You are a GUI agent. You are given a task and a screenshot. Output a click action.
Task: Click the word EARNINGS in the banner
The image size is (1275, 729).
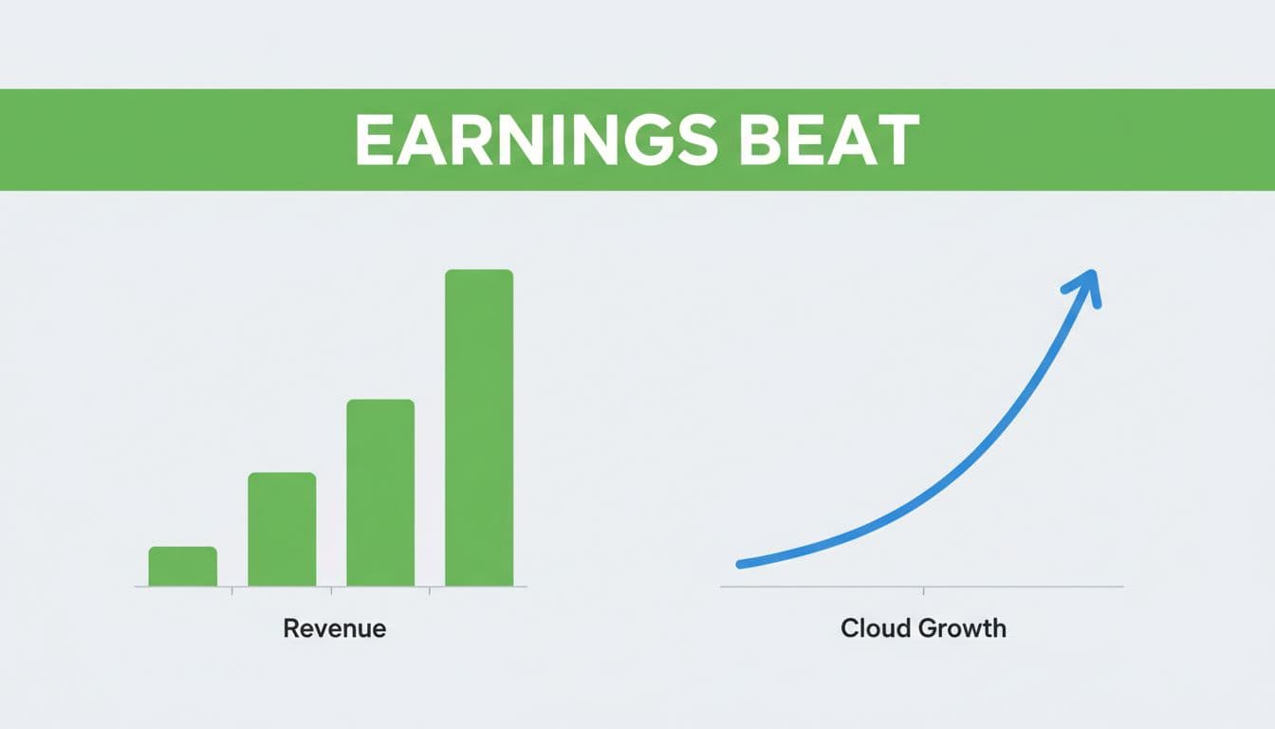(536, 140)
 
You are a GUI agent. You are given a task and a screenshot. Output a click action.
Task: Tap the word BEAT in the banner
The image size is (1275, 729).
(829, 140)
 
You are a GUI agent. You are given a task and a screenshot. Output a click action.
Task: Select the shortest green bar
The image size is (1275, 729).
(183, 566)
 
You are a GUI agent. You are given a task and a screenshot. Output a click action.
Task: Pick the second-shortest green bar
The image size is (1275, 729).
(282, 529)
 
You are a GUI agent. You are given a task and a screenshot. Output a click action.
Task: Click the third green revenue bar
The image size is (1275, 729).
(380, 493)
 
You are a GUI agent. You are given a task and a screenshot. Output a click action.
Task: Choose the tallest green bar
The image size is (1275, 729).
(479, 428)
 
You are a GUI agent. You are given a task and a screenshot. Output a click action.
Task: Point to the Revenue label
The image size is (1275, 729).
(335, 628)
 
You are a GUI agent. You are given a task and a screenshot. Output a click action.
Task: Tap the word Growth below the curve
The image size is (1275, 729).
(963, 628)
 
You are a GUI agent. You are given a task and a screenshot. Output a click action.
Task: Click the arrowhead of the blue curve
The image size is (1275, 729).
(1084, 287)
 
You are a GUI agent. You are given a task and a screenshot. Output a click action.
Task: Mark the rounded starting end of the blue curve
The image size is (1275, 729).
(740, 565)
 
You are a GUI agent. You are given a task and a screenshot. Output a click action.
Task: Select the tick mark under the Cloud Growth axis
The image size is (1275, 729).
(923, 591)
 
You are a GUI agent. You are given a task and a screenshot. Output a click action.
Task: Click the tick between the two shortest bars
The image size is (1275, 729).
(232, 591)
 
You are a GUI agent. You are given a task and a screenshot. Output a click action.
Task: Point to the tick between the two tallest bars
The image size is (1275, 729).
(430, 591)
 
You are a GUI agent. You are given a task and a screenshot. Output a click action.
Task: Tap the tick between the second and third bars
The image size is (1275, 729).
(331, 591)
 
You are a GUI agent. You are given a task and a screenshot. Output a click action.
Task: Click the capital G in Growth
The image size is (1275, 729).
(929, 628)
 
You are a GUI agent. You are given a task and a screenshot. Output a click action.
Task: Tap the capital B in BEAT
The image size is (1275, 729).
(759, 140)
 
